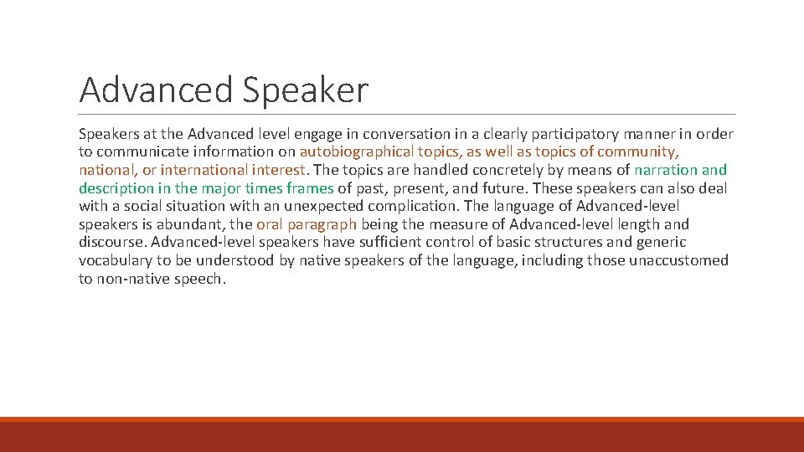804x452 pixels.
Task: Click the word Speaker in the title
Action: point(306,90)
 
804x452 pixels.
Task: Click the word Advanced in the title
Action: point(157,90)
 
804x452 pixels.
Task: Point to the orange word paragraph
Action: point(323,224)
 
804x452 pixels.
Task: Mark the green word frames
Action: point(310,188)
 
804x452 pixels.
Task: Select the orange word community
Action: point(636,152)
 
